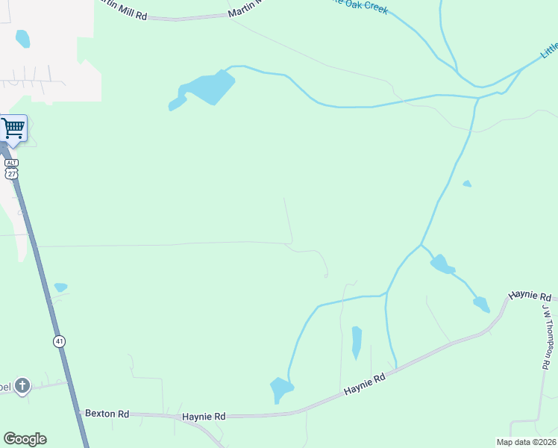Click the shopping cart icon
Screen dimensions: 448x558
[13, 128]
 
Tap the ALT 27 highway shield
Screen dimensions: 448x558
[11, 168]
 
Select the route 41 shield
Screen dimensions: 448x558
[60, 341]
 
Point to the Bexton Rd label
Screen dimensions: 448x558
[107, 413]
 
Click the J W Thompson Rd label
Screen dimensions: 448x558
[546, 335]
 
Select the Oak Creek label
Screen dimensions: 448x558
[361, 5]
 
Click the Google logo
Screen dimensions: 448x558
[25, 439]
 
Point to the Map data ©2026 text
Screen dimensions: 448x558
[526, 442]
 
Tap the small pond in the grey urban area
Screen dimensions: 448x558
[22, 38]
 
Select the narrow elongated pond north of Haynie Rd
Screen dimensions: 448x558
[357, 342]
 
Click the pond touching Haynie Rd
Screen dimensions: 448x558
[281, 389]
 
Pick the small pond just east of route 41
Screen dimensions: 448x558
[60, 287]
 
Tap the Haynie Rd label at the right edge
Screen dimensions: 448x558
[530, 296]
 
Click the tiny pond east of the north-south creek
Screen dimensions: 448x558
[467, 184]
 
